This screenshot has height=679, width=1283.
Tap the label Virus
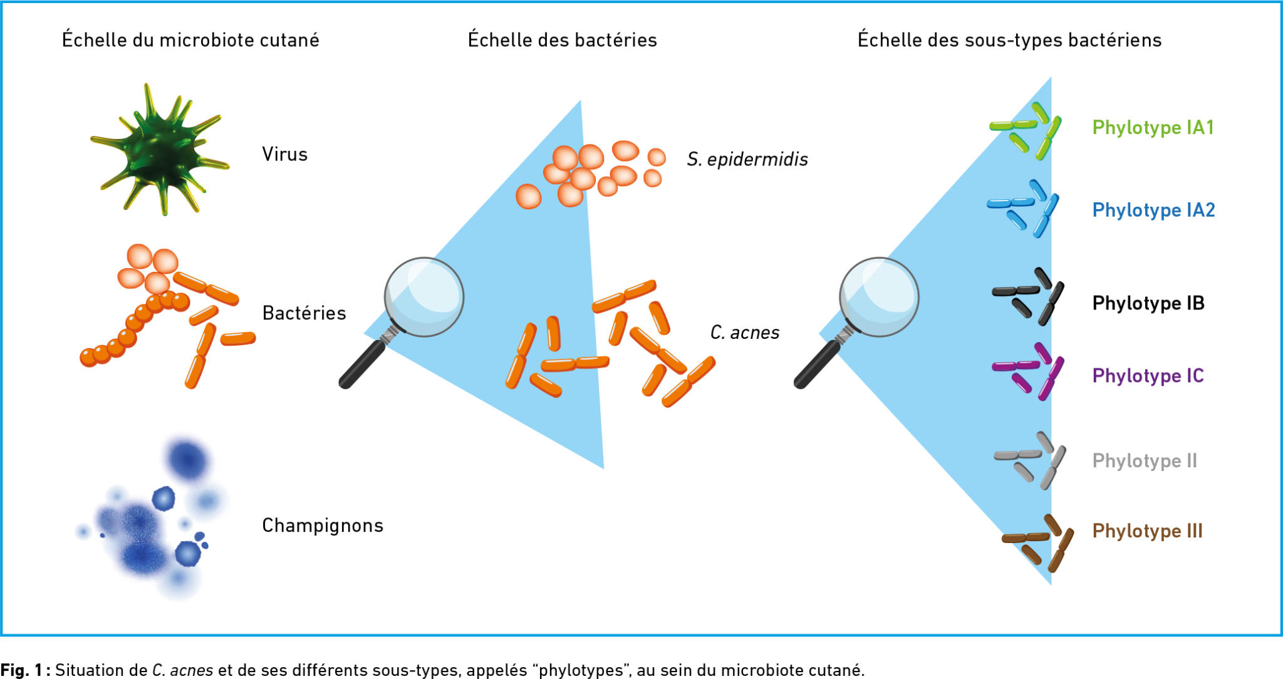pos(284,154)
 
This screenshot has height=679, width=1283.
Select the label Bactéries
pos(304,313)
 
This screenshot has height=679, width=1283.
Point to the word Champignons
pos(322,525)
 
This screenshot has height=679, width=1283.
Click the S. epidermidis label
pos(747,159)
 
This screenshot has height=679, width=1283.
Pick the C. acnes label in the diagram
pos(744,332)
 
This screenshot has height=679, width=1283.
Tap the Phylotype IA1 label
pos(1153,127)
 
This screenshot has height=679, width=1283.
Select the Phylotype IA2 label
pos(1153,210)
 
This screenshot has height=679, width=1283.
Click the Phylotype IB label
pos(1148,303)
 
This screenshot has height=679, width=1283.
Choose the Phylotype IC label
pos(1148,375)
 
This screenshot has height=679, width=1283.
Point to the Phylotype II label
pos(1144,460)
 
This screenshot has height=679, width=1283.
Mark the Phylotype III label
pos(1147,531)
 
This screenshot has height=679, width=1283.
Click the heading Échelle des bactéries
pos(562,40)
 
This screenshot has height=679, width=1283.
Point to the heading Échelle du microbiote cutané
pos(190,40)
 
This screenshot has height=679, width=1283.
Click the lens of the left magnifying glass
pos(424,296)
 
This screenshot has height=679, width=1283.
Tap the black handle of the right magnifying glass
pos(817,364)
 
